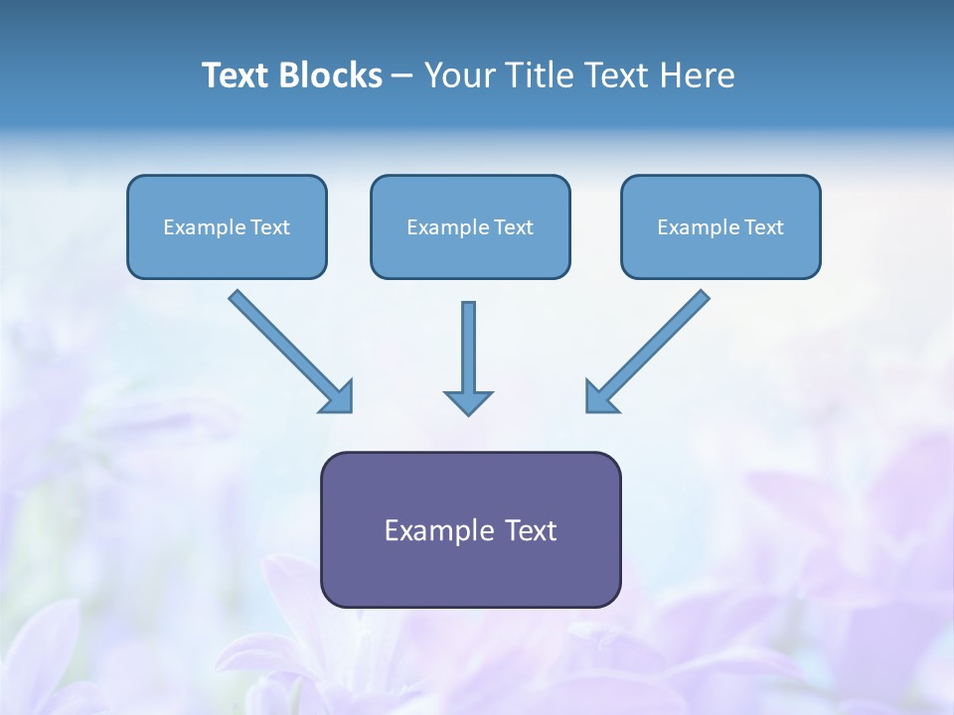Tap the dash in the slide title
[402, 76]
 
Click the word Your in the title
[457, 75]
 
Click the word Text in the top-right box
[763, 227]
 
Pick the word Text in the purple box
[532, 530]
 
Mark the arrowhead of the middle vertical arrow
[468, 402]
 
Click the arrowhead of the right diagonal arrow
[599, 397]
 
